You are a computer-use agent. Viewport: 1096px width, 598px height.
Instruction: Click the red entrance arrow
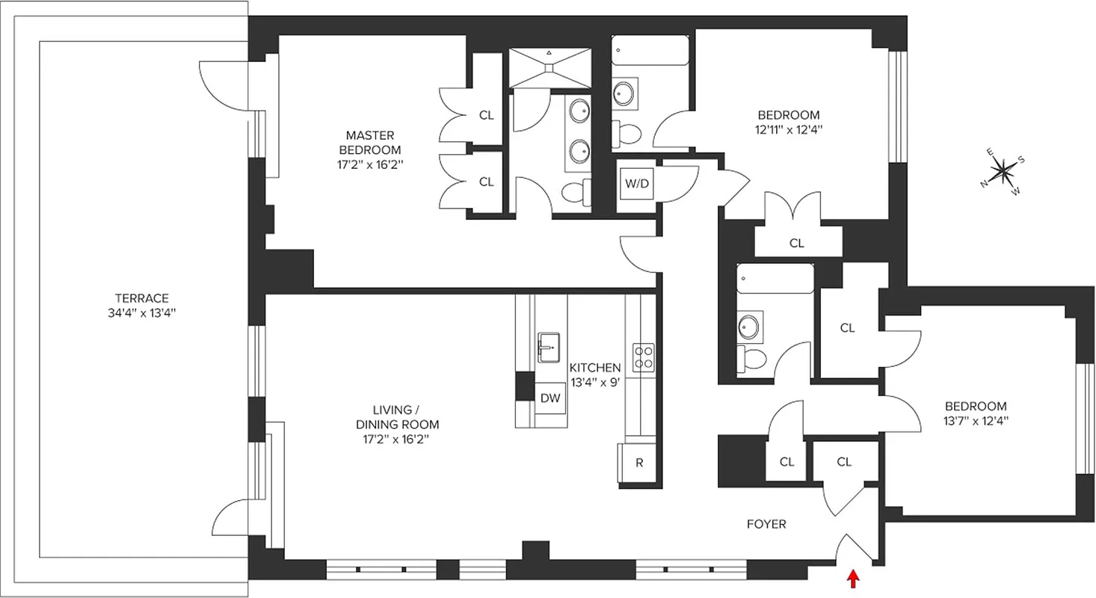click(852, 579)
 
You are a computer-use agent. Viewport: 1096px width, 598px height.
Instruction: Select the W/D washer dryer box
click(636, 184)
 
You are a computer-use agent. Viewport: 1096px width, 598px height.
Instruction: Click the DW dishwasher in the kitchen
click(550, 398)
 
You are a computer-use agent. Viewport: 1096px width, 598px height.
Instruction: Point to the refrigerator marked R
click(639, 463)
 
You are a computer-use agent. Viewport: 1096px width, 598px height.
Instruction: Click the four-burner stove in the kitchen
click(643, 357)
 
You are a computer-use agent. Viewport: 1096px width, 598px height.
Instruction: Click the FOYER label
click(766, 525)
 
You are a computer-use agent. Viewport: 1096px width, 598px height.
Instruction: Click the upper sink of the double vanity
click(579, 111)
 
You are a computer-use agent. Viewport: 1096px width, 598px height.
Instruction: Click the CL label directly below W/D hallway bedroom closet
click(797, 243)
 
